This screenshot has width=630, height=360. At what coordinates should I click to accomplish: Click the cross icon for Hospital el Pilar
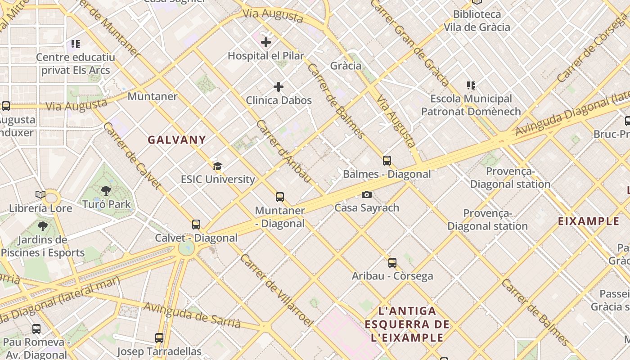(x=266, y=42)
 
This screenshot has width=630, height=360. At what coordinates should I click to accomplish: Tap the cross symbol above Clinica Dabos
(x=279, y=86)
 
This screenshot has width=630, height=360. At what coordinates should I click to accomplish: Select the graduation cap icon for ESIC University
(x=217, y=166)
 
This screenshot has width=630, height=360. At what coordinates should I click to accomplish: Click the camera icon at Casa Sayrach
(x=367, y=194)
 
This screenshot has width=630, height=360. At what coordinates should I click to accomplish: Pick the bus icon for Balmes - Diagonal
(x=387, y=160)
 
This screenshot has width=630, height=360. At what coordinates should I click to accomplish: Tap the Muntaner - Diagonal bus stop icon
(x=280, y=197)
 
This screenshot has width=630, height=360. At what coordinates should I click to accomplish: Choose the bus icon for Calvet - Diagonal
(x=196, y=224)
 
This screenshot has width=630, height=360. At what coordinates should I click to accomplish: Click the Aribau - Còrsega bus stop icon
(x=392, y=262)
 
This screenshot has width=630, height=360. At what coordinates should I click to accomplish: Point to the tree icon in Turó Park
(x=106, y=191)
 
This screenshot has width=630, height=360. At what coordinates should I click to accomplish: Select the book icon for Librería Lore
(x=40, y=194)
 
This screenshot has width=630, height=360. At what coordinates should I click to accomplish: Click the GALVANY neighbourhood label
(x=177, y=140)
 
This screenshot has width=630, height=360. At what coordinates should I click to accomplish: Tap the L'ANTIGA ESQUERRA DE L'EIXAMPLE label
(x=407, y=324)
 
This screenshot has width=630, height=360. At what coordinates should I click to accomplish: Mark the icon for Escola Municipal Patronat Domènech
(x=471, y=85)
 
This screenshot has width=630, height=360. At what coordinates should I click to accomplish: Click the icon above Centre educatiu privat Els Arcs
(x=76, y=44)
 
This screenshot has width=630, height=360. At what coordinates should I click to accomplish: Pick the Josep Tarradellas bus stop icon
(x=159, y=337)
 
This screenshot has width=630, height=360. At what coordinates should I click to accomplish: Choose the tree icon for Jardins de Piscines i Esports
(x=43, y=226)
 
